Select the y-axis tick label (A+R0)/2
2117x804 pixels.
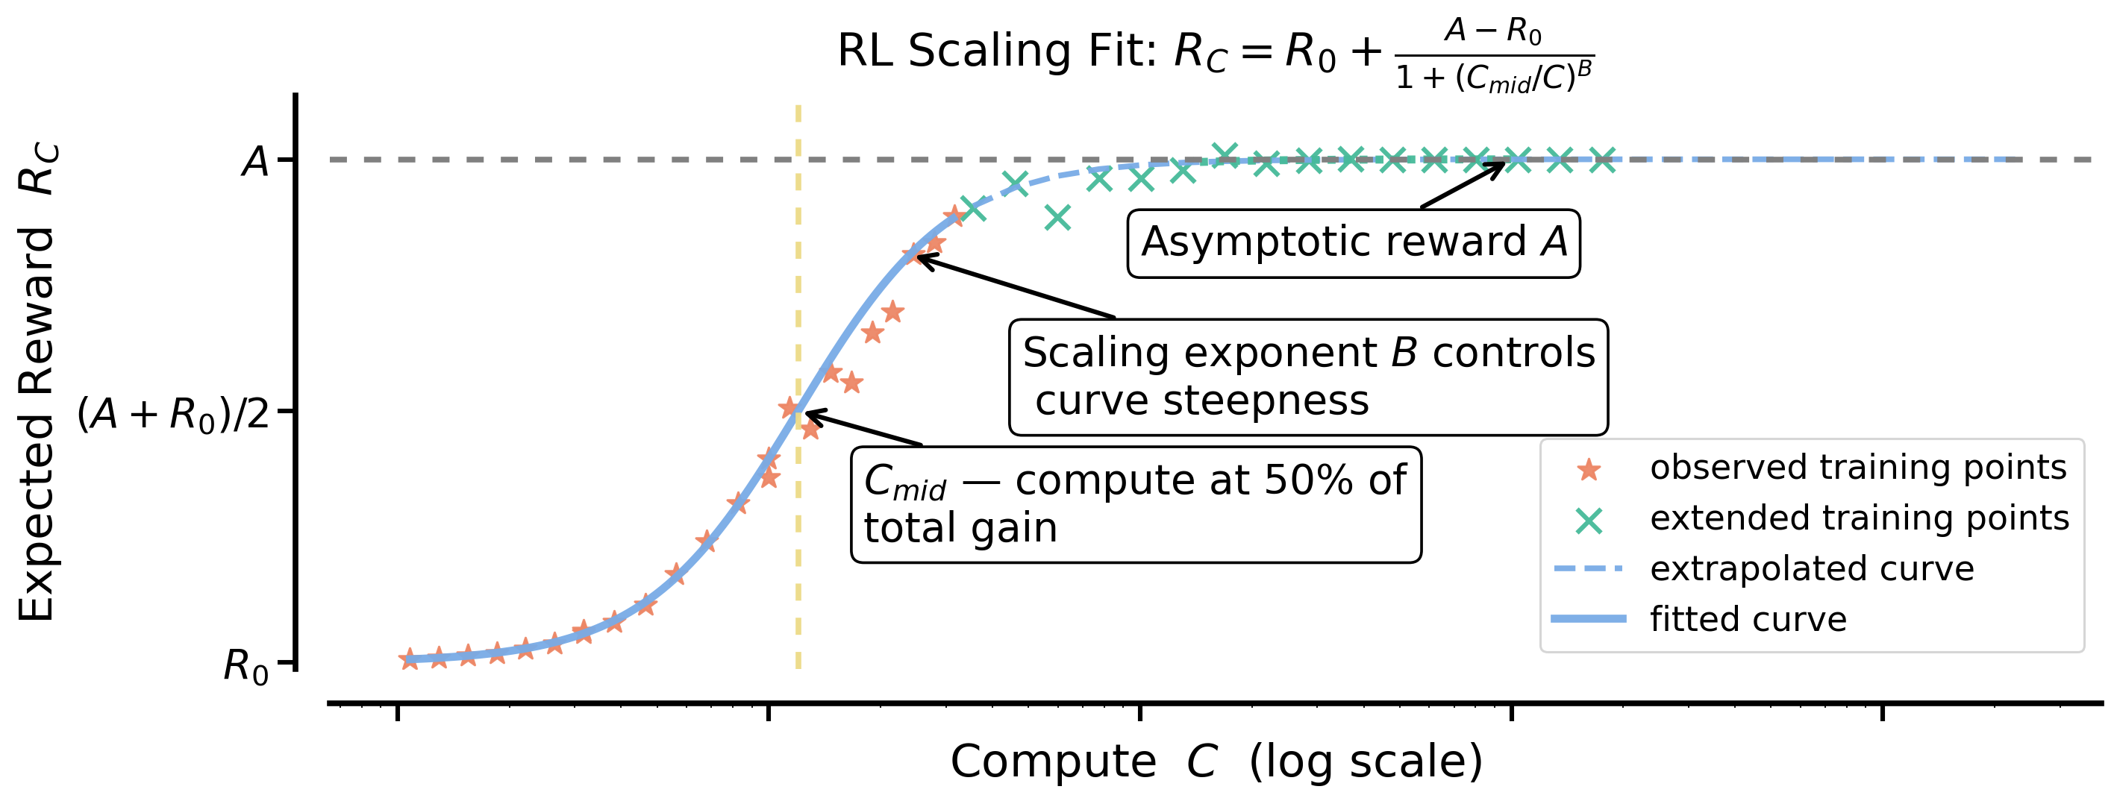(x=173, y=415)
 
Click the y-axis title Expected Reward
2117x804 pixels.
(x=38, y=383)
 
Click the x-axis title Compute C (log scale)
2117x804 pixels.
(x=1216, y=761)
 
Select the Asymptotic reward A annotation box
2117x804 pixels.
(x=1353, y=243)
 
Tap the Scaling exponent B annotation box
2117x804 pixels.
(x=1307, y=376)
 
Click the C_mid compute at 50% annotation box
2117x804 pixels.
(x=1135, y=503)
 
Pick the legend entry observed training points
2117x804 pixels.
(x=1857, y=468)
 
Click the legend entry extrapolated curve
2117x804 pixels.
(x=1811, y=569)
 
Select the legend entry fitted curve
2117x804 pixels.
(x=1748, y=619)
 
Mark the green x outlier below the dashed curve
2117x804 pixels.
(x=1057, y=218)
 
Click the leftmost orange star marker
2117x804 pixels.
(x=409, y=659)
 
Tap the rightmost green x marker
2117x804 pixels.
(x=1601, y=160)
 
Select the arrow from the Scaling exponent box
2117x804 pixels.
(x=1015, y=287)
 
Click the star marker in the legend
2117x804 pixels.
(x=1589, y=470)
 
